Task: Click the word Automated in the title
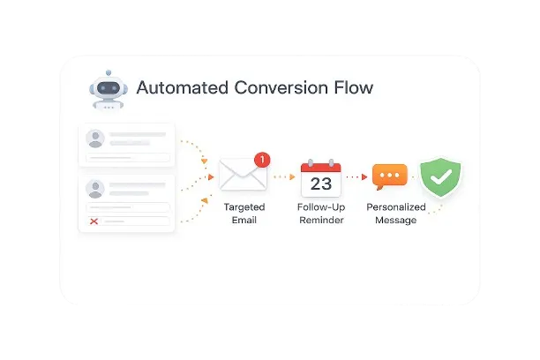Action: pyautogui.click(x=182, y=88)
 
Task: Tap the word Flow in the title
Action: pyautogui.click(x=351, y=88)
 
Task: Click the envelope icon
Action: pyautogui.click(x=243, y=174)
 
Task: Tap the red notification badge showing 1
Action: pyautogui.click(x=261, y=160)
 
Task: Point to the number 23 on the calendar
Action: pyautogui.click(x=321, y=184)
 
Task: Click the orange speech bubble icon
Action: pyautogui.click(x=389, y=176)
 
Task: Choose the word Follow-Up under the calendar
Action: pyautogui.click(x=321, y=207)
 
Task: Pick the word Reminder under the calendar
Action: pyautogui.click(x=321, y=220)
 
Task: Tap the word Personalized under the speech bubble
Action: pyautogui.click(x=396, y=207)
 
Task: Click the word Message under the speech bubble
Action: pyautogui.click(x=396, y=220)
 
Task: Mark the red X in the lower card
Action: pyautogui.click(x=94, y=221)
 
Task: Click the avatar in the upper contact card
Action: pyautogui.click(x=94, y=139)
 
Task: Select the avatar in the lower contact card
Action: pyautogui.click(x=94, y=189)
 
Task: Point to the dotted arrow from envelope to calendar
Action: pyautogui.click(x=284, y=176)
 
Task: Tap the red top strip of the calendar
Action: pyautogui.click(x=321, y=166)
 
